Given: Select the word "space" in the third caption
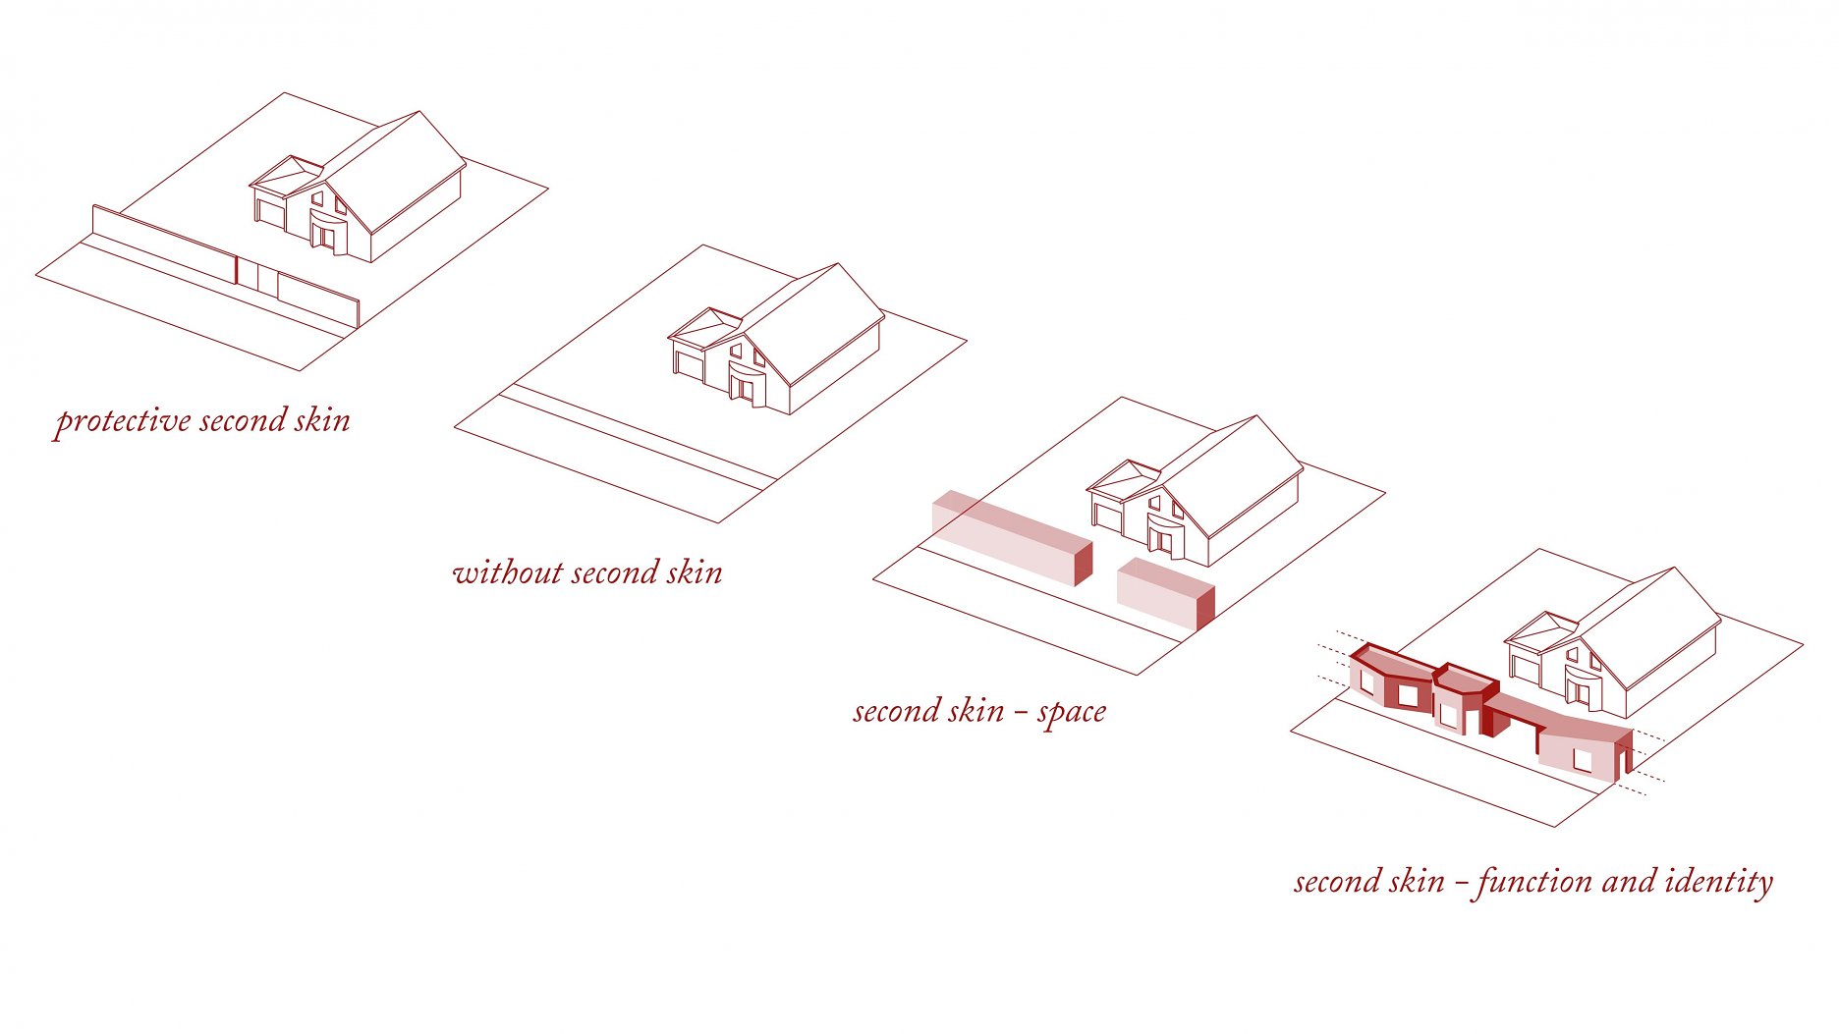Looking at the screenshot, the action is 1072,713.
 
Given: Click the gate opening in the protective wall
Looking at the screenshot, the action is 257,274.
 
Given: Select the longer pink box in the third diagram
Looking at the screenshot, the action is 1012,537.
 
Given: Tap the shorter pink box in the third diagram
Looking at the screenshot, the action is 1166,593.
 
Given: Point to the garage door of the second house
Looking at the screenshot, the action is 690,365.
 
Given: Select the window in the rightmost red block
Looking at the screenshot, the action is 1583,760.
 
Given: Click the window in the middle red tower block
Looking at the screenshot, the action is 1448,716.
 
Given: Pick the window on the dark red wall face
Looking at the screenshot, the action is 1409,695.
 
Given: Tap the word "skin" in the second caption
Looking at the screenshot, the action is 695,572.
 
